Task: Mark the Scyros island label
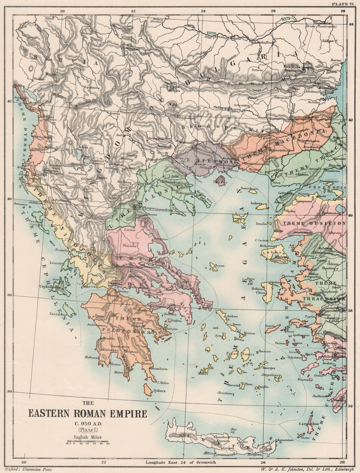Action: [220, 266]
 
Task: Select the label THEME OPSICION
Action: [314, 223]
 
